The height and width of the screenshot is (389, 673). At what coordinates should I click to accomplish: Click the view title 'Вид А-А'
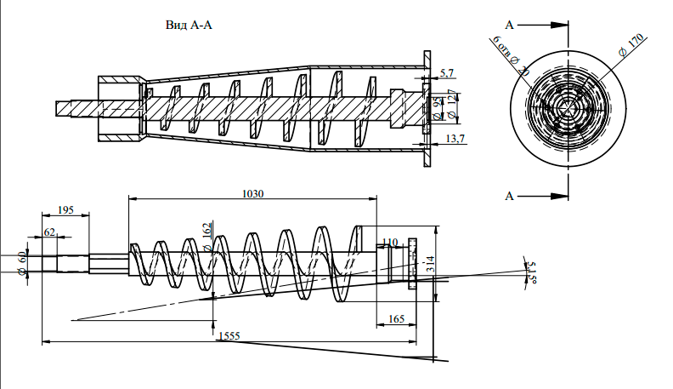(x=188, y=26)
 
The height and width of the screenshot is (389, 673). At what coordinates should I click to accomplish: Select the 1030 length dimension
(x=252, y=193)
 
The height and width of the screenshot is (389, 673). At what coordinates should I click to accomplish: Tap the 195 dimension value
(x=65, y=210)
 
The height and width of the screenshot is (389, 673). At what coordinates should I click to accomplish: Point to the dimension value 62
(x=49, y=232)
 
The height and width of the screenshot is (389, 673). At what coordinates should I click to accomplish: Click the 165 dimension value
(x=396, y=318)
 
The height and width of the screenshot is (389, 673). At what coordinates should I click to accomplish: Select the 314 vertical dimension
(x=430, y=264)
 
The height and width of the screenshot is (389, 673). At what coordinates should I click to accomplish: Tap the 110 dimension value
(x=390, y=243)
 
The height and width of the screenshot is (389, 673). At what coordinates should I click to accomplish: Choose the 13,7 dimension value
(x=455, y=138)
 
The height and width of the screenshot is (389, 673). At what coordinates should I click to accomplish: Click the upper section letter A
(x=509, y=24)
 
